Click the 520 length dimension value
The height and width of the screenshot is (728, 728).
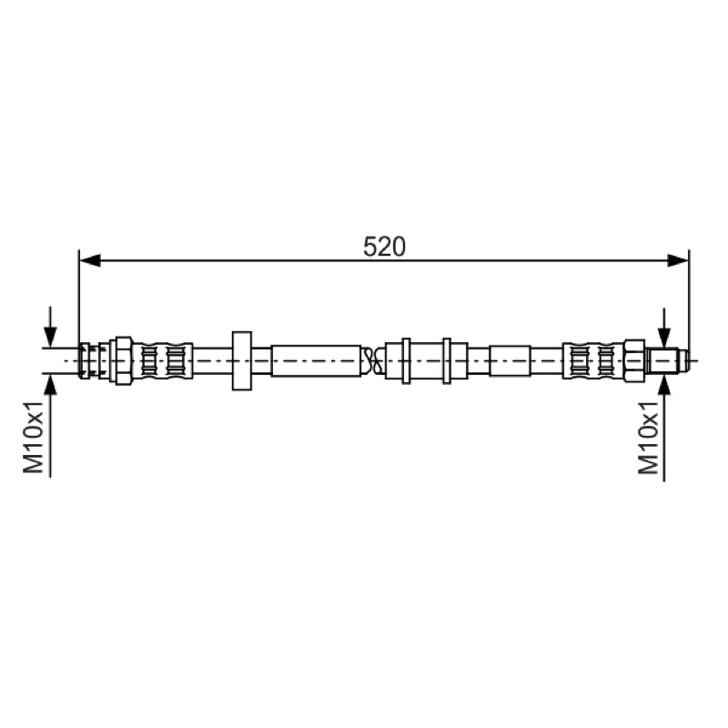384,247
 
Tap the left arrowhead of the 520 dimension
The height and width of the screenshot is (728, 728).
90,260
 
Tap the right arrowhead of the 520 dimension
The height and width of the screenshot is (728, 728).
678,260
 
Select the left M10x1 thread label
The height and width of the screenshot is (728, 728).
34,438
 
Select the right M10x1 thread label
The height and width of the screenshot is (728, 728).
649,438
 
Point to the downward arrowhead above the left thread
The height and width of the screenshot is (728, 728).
50,337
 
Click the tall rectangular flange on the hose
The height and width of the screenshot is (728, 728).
242,360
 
